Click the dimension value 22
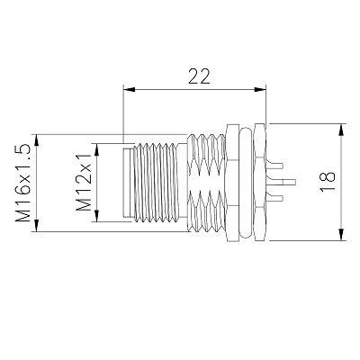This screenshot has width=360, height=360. [199, 76]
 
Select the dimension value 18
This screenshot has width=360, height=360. [327, 182]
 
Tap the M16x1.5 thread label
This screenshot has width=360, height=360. [22, 183]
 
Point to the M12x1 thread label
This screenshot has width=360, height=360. [83, 183]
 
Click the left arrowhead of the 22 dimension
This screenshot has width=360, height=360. [130, 89]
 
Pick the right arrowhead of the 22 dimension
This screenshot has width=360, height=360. [260, 89]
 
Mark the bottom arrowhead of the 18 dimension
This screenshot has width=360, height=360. [341, 234]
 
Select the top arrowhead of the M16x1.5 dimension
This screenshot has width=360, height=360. [37, 140]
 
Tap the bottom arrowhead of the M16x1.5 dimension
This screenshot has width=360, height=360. [37, 226]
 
